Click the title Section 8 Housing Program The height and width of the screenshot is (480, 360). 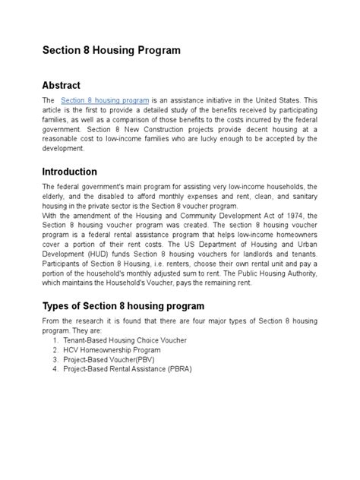point(111,51)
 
